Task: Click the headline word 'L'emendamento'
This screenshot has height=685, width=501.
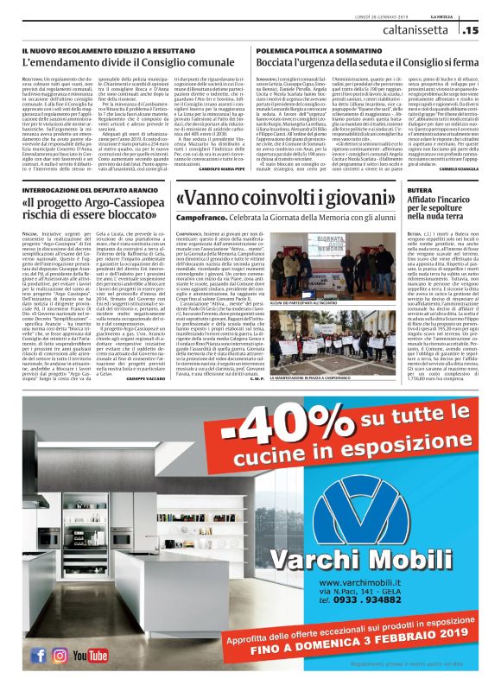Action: pos(53,64)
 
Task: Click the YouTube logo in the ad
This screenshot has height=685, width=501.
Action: pos(90,656)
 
